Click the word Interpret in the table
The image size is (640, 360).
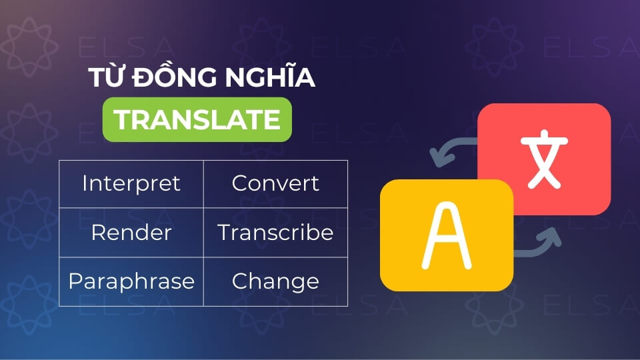[x=131, y=184]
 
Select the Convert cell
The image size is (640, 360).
[x=275, y=184]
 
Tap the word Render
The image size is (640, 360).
[x=131, y=233]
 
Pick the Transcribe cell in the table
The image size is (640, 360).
[x=275, y=233]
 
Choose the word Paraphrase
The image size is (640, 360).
[x=131, y=281]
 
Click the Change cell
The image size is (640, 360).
[x=275, y=281]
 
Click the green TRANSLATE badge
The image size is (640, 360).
[x=197, y=119]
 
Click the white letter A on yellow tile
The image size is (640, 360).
[x=447, y=235]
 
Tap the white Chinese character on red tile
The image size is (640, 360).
[x=544, y=159]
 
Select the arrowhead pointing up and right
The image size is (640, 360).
[x=551, y=237]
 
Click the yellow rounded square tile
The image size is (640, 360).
[x=447, y=235]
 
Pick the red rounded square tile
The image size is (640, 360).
[x=544, y=159]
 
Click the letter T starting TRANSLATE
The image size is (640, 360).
[x=122, y=119]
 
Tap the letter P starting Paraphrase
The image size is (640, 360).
[x=75, y=281]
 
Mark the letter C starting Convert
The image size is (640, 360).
[x=240, y=183]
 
